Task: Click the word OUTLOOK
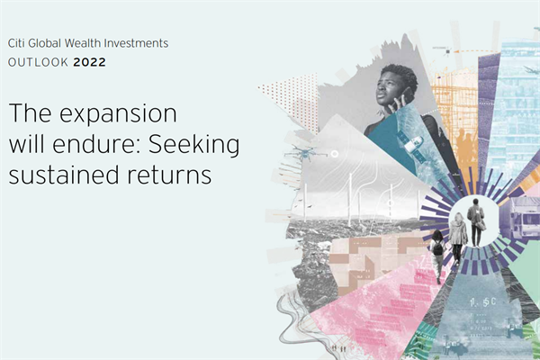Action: (35, 63)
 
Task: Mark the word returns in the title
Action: (171, 174)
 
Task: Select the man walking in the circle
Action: (475, 221)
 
